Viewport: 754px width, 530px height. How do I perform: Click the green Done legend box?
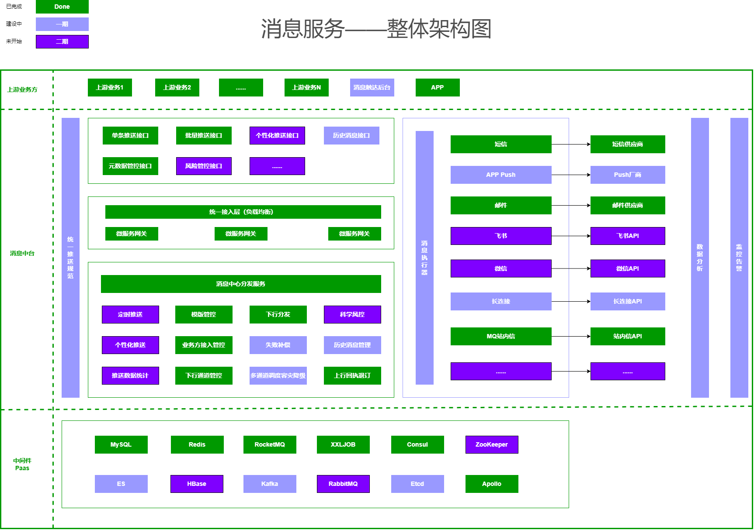tap(62, 7)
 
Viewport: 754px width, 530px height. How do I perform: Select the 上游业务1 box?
tap(110, 87)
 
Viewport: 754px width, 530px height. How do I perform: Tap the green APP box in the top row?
tap(437, 87)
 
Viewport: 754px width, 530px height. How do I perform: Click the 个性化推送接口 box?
tap(277, 135)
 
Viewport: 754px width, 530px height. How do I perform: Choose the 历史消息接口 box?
tap(351, 135)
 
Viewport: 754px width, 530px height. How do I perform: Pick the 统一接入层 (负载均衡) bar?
tap(243, 212)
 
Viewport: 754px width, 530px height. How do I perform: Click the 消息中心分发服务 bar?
tap(241, 284)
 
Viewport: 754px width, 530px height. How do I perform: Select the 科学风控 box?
tap(352, 314)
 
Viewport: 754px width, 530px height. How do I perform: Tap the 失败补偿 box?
tap(278, 345)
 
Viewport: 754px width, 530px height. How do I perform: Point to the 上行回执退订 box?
tap(352, 375)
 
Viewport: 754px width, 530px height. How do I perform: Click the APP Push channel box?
tap(501, 175)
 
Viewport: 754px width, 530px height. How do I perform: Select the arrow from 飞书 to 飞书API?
tap(571, 236)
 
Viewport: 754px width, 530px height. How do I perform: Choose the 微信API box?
tap(628, 268)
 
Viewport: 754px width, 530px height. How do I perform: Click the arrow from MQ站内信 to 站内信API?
tap(571, 336)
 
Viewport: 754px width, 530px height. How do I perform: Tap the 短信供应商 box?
tap(628, 144)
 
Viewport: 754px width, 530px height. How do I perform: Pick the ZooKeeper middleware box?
tap(492, 444)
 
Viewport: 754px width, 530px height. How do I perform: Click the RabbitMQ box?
tap(343, 484)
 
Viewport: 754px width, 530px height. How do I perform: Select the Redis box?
tap(197, 444)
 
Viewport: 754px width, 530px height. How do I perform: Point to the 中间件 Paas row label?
tap(22, 464)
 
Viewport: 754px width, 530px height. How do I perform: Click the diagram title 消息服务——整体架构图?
tap(376, 29)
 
